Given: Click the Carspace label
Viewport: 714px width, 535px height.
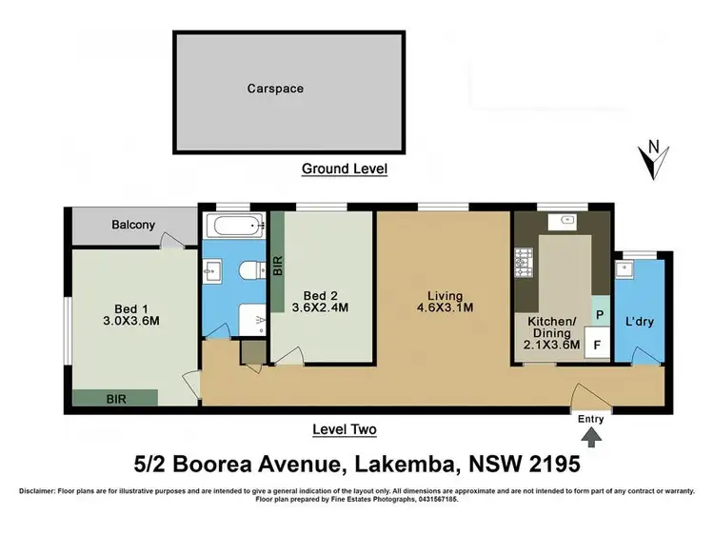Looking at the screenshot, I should tap(275, 88).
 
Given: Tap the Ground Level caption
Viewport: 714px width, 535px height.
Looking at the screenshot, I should tap(344, 168).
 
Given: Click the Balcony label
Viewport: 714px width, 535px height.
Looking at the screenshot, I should tap(134, 225).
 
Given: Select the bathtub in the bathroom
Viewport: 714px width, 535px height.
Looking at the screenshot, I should tap(234, 228).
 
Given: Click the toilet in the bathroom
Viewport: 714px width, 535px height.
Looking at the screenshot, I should tap(249, 271).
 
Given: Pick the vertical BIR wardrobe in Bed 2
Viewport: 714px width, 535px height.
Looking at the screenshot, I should tap(278, 267).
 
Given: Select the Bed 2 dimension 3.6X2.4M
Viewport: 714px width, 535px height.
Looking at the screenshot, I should tap(322, 307).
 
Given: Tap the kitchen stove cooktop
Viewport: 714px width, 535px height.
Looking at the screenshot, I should tap(523, 259).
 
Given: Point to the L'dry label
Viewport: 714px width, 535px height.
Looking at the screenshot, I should tap(639, 322).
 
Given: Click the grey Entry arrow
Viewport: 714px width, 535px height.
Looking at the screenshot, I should tap(591, 438).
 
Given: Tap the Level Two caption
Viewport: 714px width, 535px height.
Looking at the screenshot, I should tap(344, 429).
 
